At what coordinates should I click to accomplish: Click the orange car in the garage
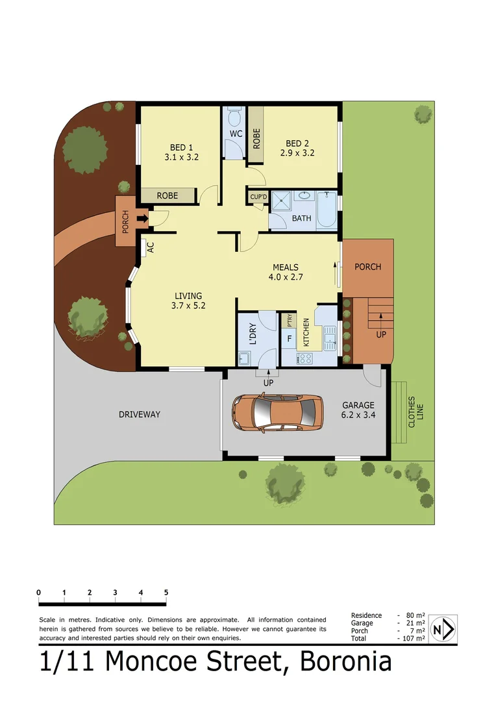coord(278,413)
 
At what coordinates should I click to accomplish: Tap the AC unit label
coord(150,247)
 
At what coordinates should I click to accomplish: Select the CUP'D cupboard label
coord(258,197)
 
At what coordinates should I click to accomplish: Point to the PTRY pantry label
coord(290,321)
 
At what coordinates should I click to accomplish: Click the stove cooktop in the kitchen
coord(305,358)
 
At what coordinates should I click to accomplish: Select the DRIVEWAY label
coord(139,414)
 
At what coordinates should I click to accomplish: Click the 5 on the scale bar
coord(166,593)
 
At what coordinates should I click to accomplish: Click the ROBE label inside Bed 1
coord(167,195)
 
